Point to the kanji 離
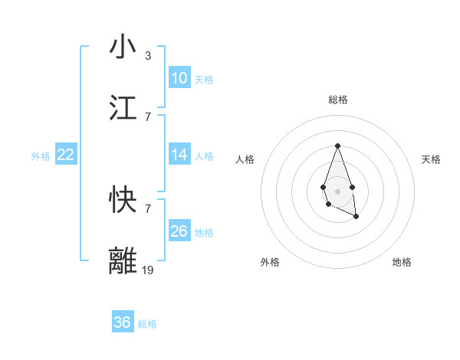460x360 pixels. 123,261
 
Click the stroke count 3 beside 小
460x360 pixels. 147,56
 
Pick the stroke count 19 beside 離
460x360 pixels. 149,270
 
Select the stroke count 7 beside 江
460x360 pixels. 147,117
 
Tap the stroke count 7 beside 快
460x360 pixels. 147,209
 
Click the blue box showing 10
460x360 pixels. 179,78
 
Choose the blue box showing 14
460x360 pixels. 179,155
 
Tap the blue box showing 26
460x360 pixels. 179,231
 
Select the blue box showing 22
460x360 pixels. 66,155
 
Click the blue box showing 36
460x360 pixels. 123,322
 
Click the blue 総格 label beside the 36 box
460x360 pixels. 147,324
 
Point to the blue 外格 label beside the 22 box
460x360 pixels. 41,156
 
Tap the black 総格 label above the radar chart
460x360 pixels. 337,100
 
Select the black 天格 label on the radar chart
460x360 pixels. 432,159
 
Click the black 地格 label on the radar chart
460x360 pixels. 402,262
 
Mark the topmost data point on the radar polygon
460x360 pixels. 337,146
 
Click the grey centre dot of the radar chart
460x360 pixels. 337,190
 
